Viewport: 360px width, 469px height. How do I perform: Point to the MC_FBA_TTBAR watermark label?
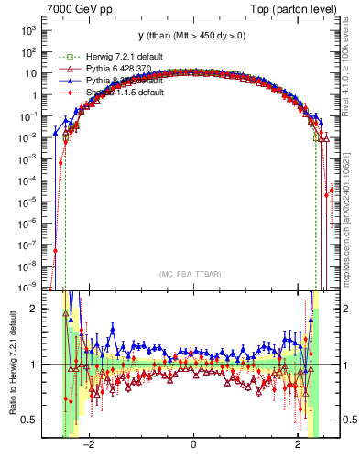[193, 274]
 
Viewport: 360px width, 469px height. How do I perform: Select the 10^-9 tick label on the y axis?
[28, 286]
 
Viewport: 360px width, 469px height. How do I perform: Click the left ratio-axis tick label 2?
[35, 310]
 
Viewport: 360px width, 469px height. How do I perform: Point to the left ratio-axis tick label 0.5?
[31, 420]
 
